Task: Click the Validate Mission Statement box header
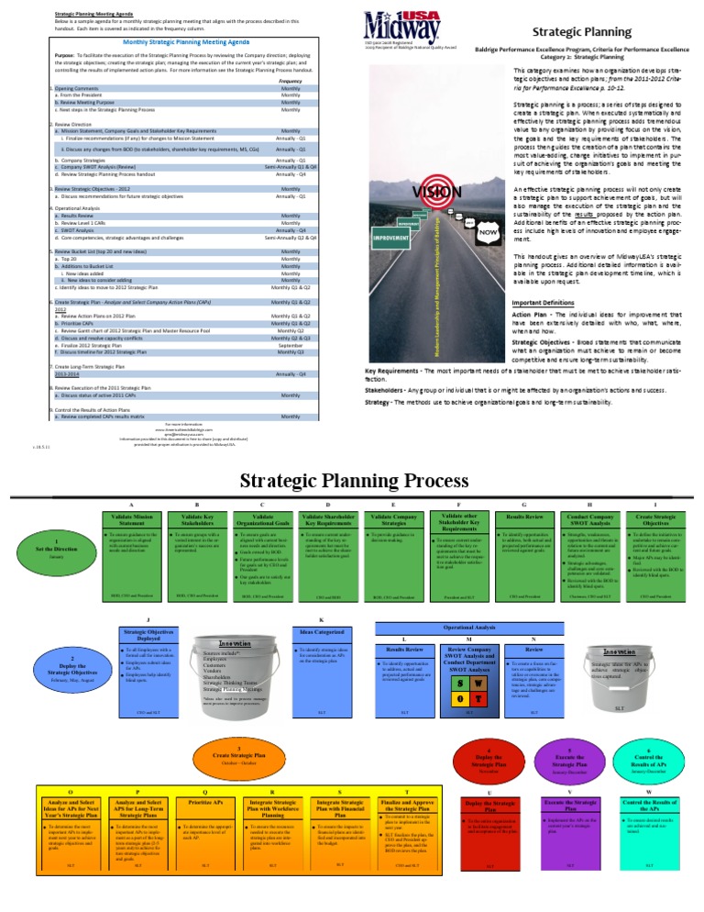(133, 523)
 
